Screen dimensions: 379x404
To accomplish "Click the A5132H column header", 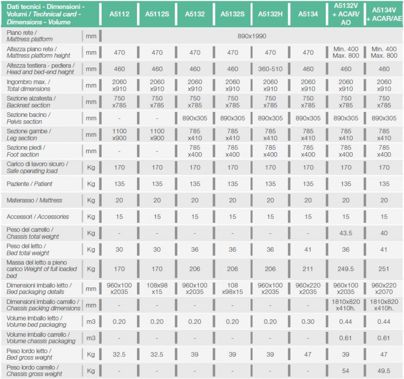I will click(270, 14).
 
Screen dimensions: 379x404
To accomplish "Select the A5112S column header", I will click(157, 14).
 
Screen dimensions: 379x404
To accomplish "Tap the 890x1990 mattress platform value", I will click(252, 36).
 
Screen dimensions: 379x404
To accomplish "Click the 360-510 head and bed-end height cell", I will click(270, 69).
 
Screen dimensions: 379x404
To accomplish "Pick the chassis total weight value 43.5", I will click(346, 233).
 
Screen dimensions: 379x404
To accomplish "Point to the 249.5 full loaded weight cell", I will click(346, 269).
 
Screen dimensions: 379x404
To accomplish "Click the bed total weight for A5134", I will click(308, 249).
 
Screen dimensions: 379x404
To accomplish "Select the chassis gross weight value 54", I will click(346, 371).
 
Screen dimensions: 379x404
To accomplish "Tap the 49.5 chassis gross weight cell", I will click(384, 371).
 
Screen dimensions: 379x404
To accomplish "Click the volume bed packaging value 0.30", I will click(308, 321).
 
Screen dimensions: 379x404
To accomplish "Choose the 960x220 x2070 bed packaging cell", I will click(384, 288).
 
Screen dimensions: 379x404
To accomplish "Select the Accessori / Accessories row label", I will click(38, 217).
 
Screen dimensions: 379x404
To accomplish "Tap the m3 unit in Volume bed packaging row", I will click(91, 321).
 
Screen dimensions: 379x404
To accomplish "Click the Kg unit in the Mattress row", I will click(91, 200).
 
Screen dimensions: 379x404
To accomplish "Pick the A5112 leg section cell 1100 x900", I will click(119, 134).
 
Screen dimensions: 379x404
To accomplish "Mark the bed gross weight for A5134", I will click(308, 354).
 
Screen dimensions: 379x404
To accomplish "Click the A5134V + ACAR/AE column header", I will click(384, 14).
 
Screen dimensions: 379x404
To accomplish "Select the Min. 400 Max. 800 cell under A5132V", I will click(346, 52).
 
